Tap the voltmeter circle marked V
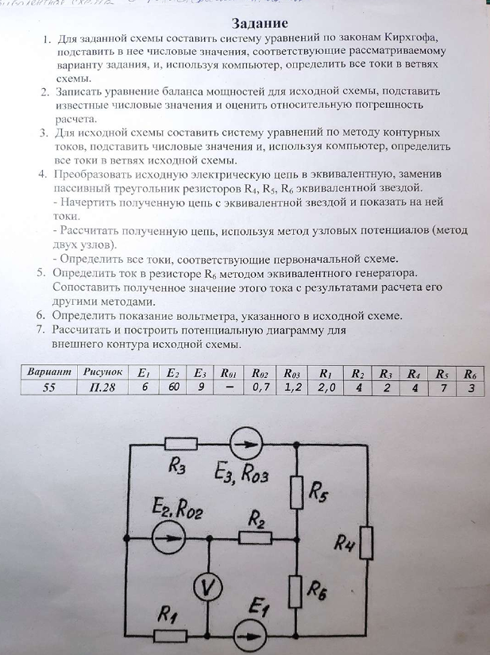(x=208, y=585)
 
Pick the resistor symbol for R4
(x=366, y=544)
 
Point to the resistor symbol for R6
(x=295, y=591)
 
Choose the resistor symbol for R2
(x=256, y=539)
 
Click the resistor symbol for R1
(x=170, y=636)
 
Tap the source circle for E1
(x=252, y=636)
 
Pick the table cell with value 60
(x=173, y=387)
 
